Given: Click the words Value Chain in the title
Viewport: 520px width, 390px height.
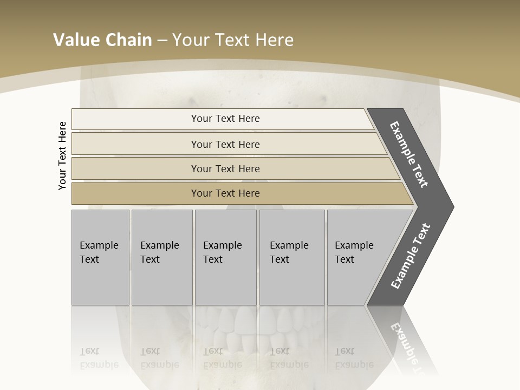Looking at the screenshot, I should (x=102, y=40).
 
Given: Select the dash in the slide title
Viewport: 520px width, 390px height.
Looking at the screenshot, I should (x=161, y=41).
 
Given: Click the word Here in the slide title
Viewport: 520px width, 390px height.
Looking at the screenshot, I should (x=274, y=40).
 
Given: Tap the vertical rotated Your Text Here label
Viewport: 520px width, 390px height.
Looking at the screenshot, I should (x=62, y=155).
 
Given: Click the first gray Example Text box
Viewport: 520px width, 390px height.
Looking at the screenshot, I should (x=100, y=257).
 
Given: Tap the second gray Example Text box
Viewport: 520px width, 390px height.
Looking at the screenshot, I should (x=161, y=257).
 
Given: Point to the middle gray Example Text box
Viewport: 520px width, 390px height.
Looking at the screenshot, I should (x=225, y=257).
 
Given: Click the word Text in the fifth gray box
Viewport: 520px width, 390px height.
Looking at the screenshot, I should (x=344, y=259).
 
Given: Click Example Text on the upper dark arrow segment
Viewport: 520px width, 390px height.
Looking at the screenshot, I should (x=409, y=154).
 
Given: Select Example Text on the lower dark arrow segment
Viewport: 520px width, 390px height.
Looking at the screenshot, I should (x=411, y=256).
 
